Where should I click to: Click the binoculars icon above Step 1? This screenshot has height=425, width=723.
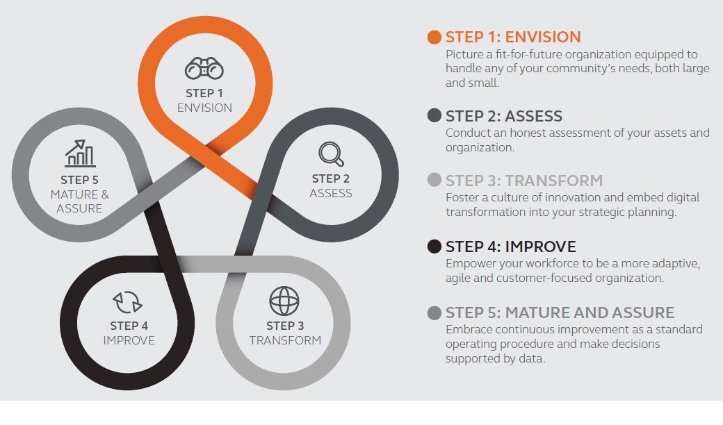click(x=204, y=69)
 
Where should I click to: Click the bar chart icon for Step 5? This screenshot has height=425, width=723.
click(x=80, y=153)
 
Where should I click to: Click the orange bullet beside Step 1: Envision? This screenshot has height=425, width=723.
click(x=434, y=37)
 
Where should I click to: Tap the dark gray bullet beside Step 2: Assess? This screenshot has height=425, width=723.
click(x=434, y=115)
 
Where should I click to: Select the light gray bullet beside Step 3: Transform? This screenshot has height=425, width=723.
click(x=434, y=181)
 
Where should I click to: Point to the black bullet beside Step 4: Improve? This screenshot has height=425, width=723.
click(x=434, y=247)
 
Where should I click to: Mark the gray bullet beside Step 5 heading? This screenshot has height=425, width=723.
click(x=434, y=312)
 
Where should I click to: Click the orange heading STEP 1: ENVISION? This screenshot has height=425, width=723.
click(x=513, y=37)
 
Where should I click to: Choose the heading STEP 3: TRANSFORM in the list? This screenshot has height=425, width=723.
click(x=524, y=181)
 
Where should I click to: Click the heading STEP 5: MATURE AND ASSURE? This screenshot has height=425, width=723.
click(x=560, y=312)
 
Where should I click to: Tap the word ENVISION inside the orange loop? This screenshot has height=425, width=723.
click(x=204, y=108)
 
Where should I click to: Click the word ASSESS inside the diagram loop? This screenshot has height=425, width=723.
click(x=331, y=193)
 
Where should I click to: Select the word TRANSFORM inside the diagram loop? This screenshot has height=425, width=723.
click(x=285, y=340)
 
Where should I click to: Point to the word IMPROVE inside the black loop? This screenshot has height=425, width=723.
click(x=129, y=340)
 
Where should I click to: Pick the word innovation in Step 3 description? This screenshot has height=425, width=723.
click(x=562, y=198)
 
